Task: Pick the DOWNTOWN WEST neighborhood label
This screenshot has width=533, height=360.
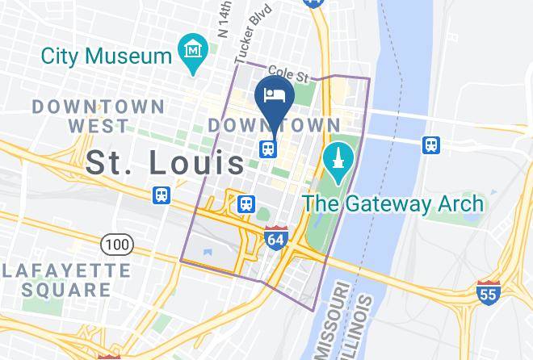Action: tap(99, 115)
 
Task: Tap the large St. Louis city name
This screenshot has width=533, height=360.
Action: tap(166, 162)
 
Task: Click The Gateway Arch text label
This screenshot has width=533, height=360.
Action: tap(394, 203)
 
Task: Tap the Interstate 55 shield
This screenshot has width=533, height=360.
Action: tap(488, 293)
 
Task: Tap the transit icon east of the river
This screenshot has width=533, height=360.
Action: tap(432, 145)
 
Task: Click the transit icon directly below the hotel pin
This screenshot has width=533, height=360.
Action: tap(268, 149)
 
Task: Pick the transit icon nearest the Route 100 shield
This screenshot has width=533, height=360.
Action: tap(162, 195)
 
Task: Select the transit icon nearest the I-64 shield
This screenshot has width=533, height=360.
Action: tap(246, 204)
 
